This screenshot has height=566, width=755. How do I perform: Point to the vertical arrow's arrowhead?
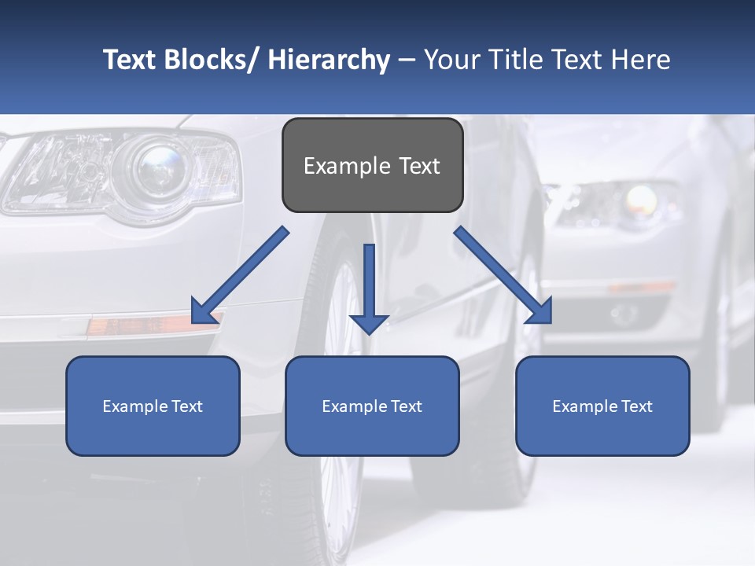click(x=369, y=323)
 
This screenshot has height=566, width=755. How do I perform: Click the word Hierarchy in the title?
click(x=329, y=60)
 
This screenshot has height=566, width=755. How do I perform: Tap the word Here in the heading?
click(x=640, y=60)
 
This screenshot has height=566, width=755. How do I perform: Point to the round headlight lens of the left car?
click(x=160, y=167)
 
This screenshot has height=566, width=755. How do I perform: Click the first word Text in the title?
click(x=131, y=60)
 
